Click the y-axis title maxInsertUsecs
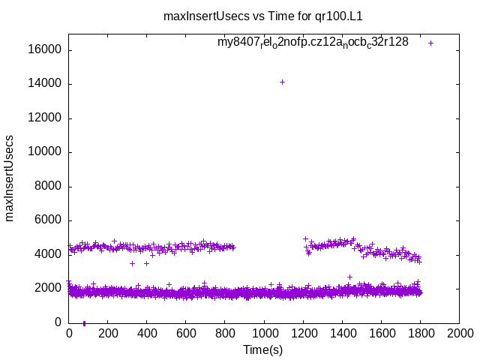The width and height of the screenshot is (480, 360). click(x=10, y=178)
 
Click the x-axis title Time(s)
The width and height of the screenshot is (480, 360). click(x=262, y=349)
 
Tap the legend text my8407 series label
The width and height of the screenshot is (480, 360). click(x=313, y=42)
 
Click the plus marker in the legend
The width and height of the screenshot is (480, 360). click(x=430, y=43)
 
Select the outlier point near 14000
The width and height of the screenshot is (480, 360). click(x=282, y=82)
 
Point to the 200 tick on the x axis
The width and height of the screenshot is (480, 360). click(x=108, y=334)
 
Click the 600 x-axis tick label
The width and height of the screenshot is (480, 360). click(x=186, y=334)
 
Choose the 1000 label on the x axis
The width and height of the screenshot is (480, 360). click(x=264, y=334)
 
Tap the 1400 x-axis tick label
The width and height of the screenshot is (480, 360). click(x=342, y=334)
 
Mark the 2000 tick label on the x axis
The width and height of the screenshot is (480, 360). click(x=459, y=334)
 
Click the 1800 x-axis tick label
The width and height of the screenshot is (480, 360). click(x=420, y=334)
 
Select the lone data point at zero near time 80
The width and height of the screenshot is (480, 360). click(x=84, y=323)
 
